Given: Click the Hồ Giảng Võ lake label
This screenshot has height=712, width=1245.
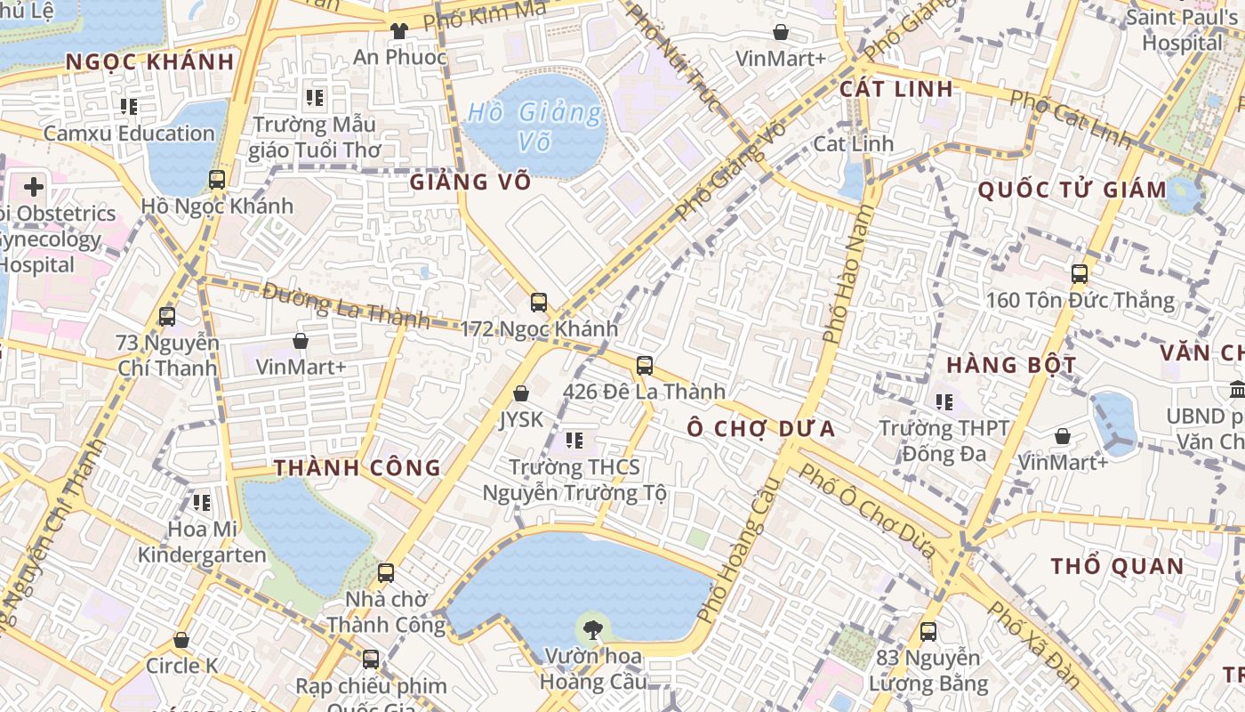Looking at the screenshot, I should pyautogui.click(x=534, y=126).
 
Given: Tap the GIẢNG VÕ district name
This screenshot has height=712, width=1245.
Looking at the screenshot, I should pyautogui.click(x=470, y=182).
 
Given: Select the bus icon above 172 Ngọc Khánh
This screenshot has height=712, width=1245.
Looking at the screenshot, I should pyautogui.click(x=539, y=302).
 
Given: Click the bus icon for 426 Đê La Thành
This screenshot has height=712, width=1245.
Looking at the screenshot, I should pyautogui.click(x=645, y=365).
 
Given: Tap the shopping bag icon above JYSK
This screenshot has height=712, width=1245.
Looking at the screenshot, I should pyautogui.click(x=521, y=393).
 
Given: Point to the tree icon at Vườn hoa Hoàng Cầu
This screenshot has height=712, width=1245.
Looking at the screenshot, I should pyautogui.click(x=591, y=630).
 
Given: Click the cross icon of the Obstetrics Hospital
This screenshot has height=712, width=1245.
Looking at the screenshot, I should pyautogui.click(x=34, y=187).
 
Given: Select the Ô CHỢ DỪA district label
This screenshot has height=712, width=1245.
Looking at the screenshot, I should pyautogui.click(x=761, y=429).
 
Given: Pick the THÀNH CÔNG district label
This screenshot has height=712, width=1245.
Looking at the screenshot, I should pyautogui.click(x=357, y=468).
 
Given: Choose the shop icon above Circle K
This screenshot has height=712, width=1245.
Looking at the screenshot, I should pyautogui.click(x=181, y=640).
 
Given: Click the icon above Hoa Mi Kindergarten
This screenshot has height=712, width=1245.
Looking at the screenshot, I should pyautogui.click(x=202, y=503).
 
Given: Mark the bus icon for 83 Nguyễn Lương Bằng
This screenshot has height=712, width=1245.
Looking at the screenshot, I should pyautogui.click(x=928, y=632).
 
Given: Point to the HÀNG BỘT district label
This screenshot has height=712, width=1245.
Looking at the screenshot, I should pyautogui.click(x=1011, y=365).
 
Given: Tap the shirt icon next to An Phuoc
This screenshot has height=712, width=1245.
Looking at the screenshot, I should pyautogui.click(x=398, y=30).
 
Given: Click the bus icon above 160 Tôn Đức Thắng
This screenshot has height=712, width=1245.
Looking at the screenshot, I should pyautogui.click(x=1080, y=273).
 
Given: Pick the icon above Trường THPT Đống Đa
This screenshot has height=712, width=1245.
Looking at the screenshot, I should pyautogui.click(x=944, y=402).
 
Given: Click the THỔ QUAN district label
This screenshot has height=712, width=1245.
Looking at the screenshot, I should pyautogui.click(x=1117, y=567).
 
